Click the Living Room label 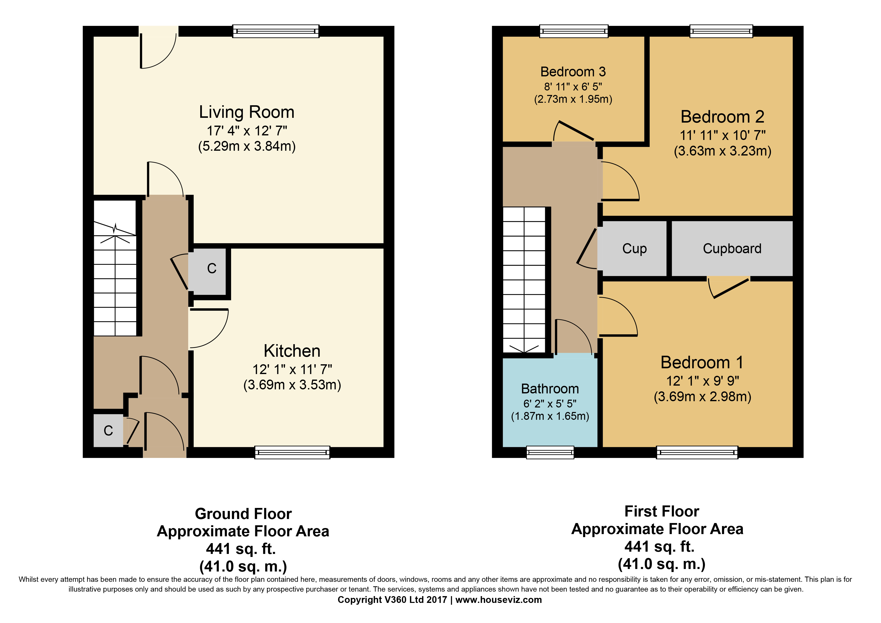pyautogui.click(x=247, y=112)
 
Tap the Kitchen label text pyautogui.click(x=292, y=351)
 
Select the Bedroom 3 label pyautogui.click(x=573, y=72)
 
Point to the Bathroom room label pyautogui.click(x=550, y=389)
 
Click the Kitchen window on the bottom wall pyautogui.click(x=292, y=452)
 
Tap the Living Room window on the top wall pyautogui.click(x=276, y=31)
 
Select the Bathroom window pyautogui.click(x=550, y=452)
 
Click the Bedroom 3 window pyautogui.click(x=574, y=31)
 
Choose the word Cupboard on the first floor pyautogui.click(x=732, y=249)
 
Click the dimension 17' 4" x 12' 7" pyautogui.click(x=247, y=131)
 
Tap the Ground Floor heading pyautogui.click(x=243, y=514)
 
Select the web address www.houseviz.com pyautogui.click(x=498, y=600)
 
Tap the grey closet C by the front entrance pyautogui.click(x=108, y=430)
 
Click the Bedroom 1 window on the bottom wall pyautogui.click(x=697, y=452)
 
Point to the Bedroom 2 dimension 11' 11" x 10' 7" pyautogui.click(x=722, y=135)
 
